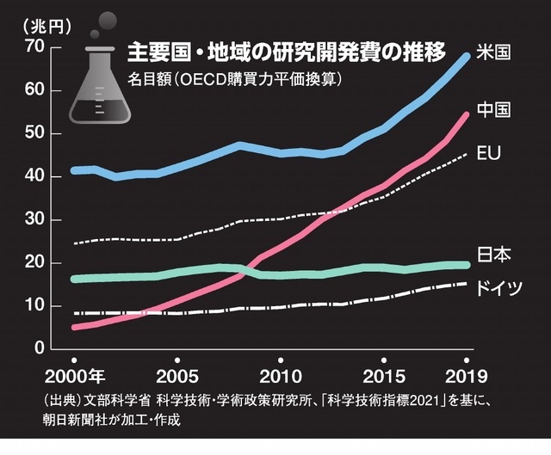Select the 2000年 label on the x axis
(x=77, y=377)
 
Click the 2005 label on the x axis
(x=176, y=377)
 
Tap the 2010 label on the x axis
(x=279, y=377)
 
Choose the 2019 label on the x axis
(x=466, y=377)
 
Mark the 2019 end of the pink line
(x=466, y=114)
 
